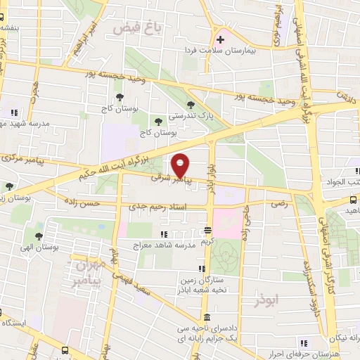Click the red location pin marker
(181, 165)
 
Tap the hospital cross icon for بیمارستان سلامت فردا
(220, 39)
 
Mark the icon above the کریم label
(207, 230)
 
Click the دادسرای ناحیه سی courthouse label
(201, 328)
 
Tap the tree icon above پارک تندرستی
(191, 105)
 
